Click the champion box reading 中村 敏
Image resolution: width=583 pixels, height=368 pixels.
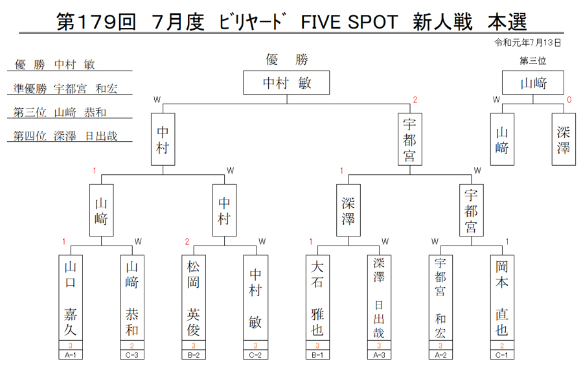286,82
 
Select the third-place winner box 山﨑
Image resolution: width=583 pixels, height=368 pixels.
533,82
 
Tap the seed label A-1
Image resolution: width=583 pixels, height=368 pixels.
70,355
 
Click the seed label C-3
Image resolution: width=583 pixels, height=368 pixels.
132,355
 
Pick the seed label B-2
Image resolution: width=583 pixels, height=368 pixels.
193,355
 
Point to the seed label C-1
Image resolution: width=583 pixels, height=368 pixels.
502,355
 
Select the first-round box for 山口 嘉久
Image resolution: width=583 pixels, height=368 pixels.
70,298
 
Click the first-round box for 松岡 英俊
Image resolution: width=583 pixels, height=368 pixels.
193,298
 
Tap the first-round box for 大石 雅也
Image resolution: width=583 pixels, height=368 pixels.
317,298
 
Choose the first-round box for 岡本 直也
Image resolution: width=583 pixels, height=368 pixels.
502,298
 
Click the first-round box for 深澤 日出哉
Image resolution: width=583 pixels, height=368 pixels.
379,298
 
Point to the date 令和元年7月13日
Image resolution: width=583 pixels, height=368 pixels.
527,43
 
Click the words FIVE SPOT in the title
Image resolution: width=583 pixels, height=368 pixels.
349,22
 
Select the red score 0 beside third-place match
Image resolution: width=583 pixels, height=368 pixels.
569,100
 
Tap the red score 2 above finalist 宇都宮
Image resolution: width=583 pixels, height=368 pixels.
415,100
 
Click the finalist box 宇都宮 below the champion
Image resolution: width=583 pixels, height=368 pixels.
410,139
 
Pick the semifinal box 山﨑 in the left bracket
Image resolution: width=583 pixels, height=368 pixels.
101,210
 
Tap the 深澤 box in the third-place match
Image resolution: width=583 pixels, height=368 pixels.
564,139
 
